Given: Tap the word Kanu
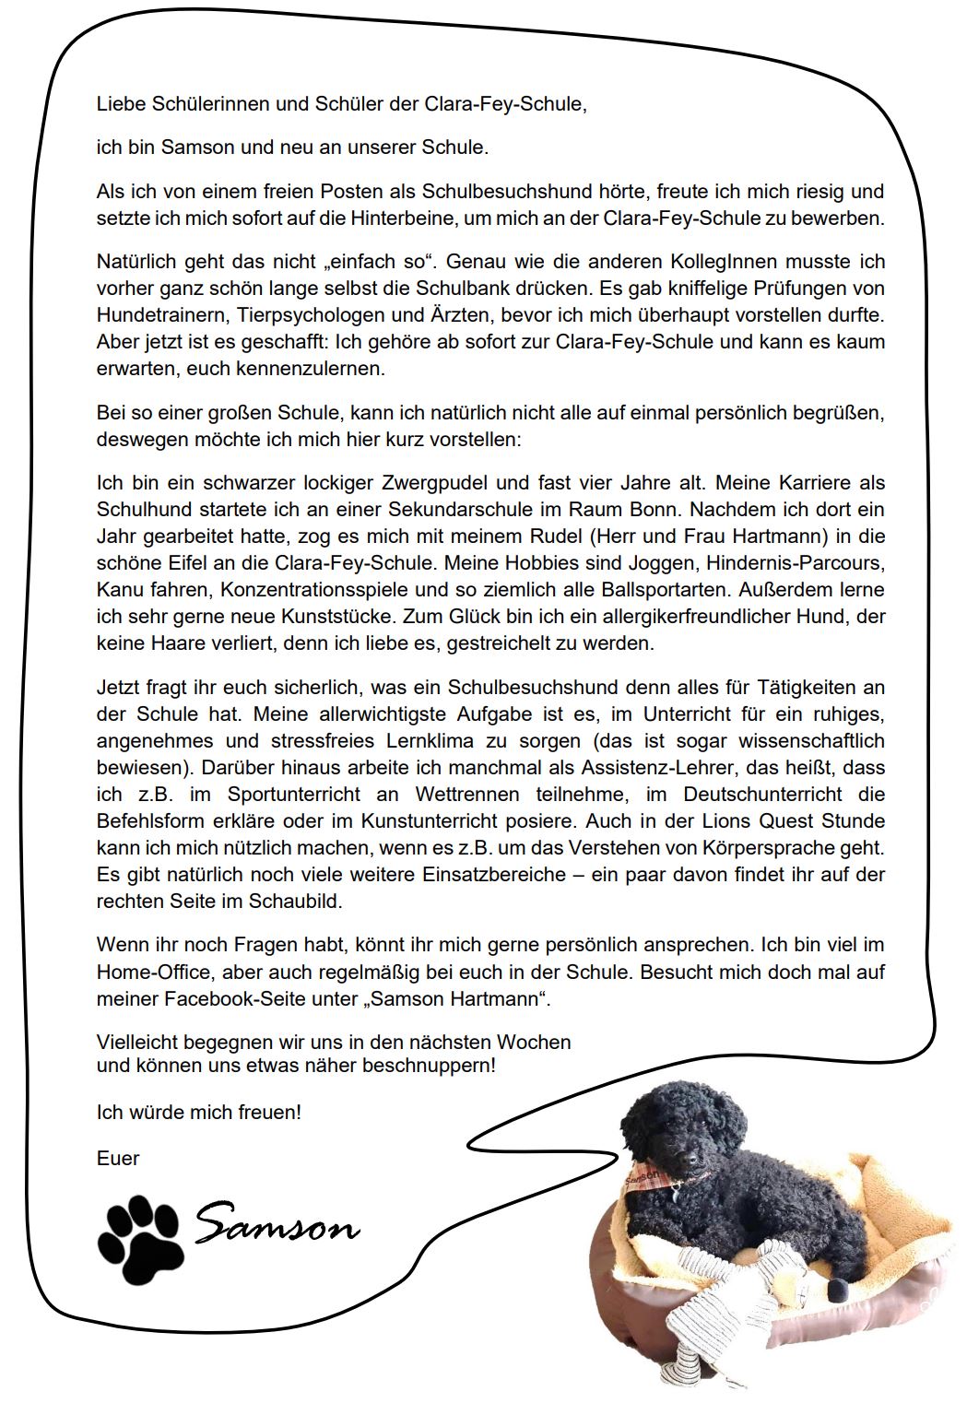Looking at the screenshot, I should [x=118, y=589].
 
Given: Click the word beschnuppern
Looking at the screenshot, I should [x=436, y=1067].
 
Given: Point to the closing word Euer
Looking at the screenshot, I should [x=118, y=1158].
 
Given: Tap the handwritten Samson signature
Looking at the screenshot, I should [x=277, y=1227].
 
